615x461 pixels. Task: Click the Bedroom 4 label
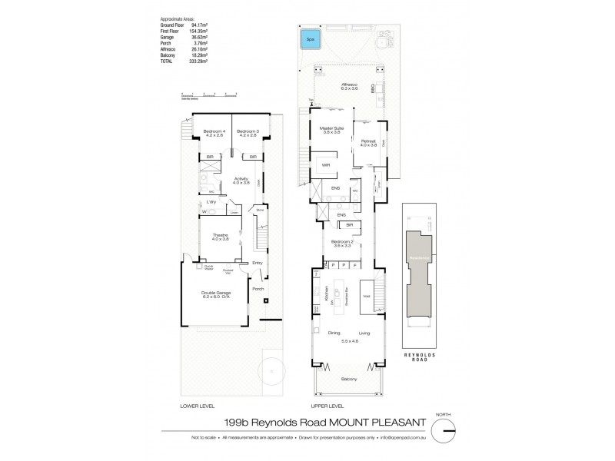[213, 133]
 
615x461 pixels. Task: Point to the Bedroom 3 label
[248, 133]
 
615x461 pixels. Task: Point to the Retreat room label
[367, 142]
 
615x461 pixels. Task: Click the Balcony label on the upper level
[351, 379]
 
